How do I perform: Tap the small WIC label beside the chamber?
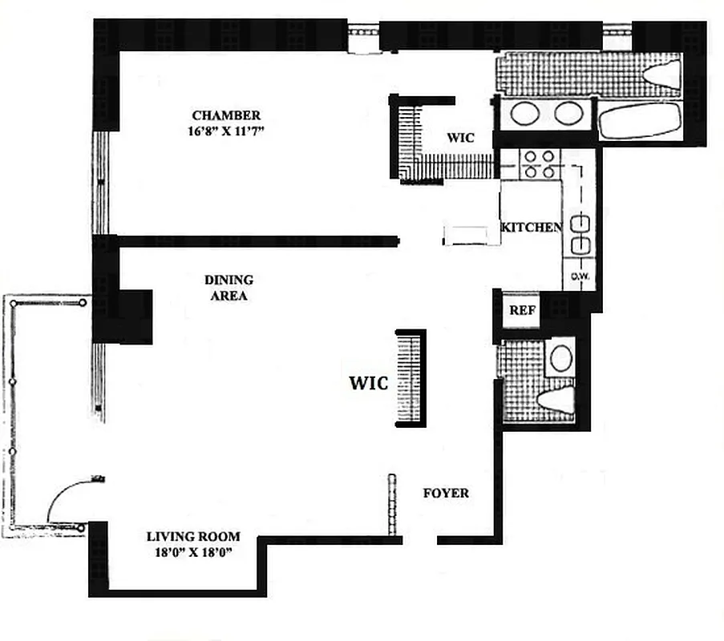pos(460,138)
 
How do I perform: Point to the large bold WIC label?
pos(368,383)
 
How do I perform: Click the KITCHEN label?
pos(532,228)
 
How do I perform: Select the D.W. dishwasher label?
pos(580,278)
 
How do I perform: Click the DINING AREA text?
pos(229,288)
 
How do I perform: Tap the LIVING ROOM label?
pos(192,537)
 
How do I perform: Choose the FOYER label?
pos(446,493)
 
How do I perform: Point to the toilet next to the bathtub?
pos(662,74)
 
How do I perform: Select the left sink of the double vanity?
pos(525,114)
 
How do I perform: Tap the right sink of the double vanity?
pos(568,114)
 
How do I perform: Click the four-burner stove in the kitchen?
pos(538,163)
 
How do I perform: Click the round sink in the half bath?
pos(560,358)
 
